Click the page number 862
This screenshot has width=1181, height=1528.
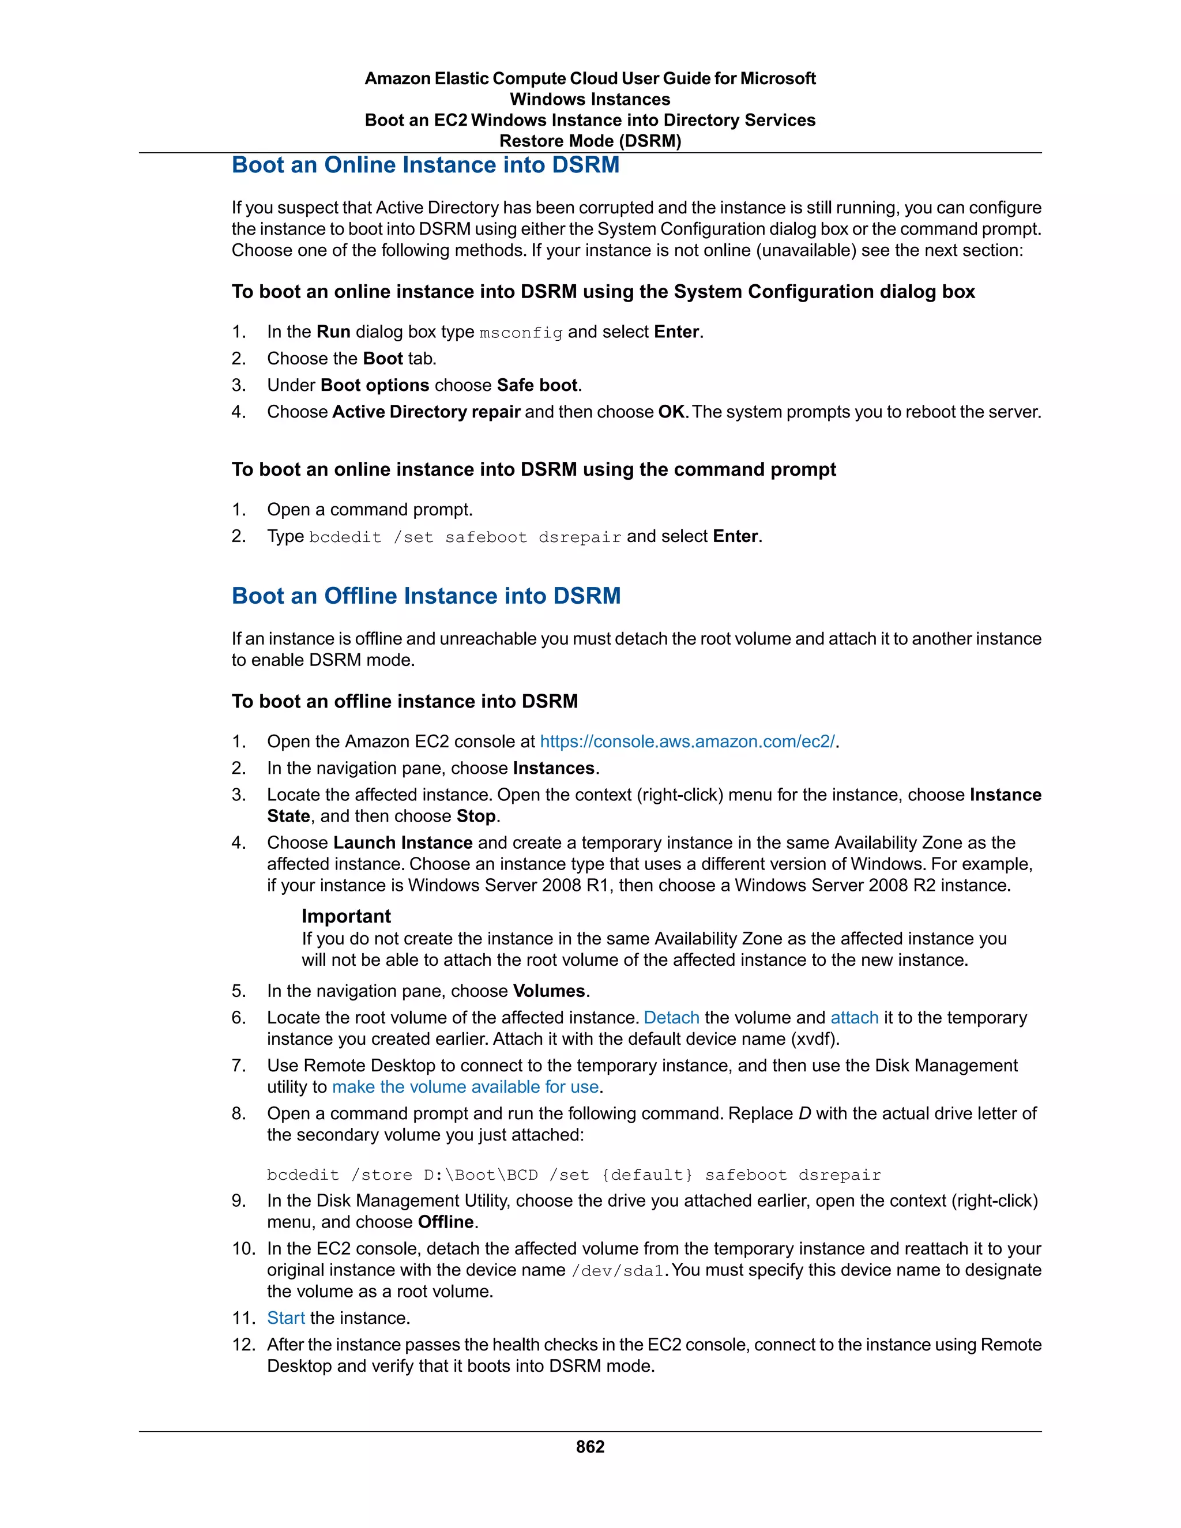pos(590,1447)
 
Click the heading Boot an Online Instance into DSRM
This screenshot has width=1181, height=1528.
pos(426,165)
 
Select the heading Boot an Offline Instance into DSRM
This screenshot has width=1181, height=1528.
pos(426,596)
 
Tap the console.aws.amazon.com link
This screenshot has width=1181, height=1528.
pos(687,742)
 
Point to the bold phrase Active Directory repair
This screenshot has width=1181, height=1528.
pos(426,412)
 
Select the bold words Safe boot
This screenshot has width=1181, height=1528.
pos(537,386)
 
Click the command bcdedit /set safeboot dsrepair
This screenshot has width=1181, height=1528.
pos(465,537)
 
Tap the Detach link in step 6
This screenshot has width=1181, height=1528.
pos(671,1018)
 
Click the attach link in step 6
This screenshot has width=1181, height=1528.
pos(853,1018)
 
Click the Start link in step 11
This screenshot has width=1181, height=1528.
pos(285,1318)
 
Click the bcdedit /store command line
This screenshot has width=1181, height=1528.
pos(574,1175)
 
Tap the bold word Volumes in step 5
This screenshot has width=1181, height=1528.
pos(548,991)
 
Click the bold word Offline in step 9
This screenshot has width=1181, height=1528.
pos(446,1222)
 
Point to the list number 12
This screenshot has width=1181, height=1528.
pos(243,1345)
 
